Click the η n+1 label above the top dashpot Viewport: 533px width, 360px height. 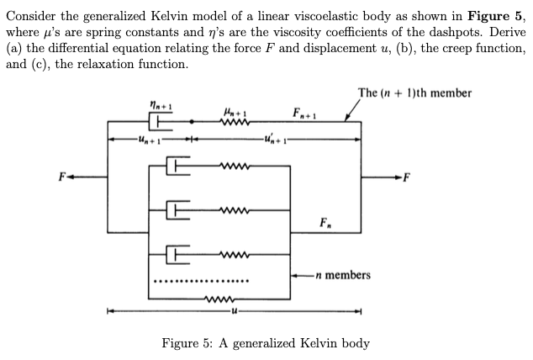pos(158,106)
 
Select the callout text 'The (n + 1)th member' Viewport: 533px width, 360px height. pos(414,93)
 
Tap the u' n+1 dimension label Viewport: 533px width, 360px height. pos(268,139)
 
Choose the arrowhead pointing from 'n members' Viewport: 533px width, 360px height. pos(294,275)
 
